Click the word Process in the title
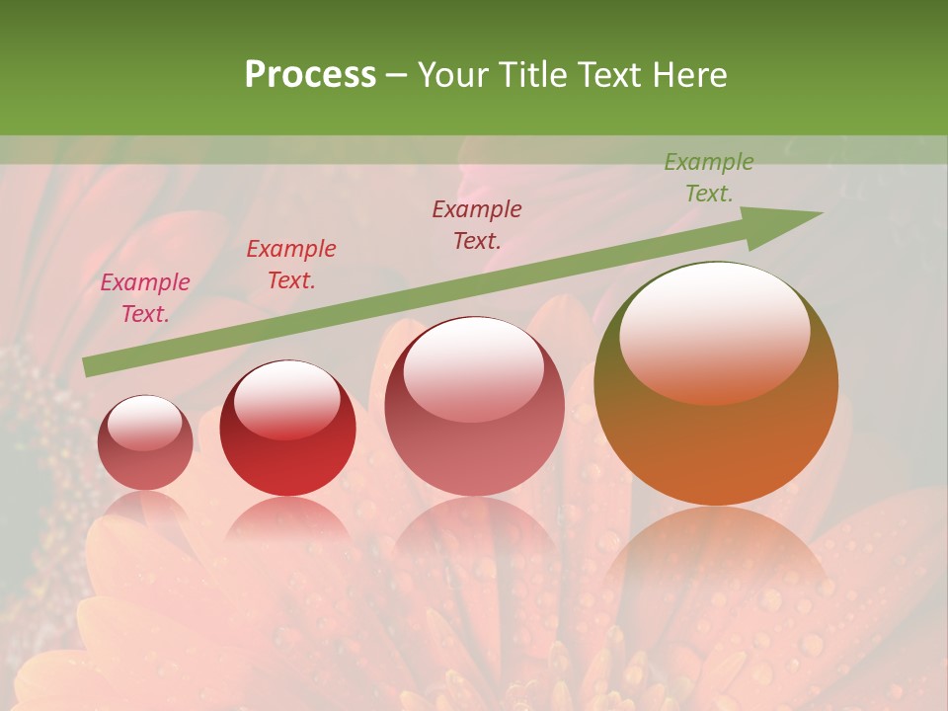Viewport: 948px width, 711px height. [x=310, y=75]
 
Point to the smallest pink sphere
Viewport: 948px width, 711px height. [x=145, y=443]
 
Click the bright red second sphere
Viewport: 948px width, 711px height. [x=287, y=429]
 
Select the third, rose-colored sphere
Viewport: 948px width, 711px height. [x=474, y=406]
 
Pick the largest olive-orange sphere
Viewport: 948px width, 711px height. [x=716, y=384]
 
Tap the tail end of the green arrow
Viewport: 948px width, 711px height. [x=91, y=366]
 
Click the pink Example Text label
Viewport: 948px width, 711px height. [x=145, y=297]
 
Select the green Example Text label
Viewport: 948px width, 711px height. [x=708, y=178]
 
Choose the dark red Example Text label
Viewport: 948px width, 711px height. [x=477, y=224]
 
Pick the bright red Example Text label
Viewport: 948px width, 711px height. [x=290, y=265]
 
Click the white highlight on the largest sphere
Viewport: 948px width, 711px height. [x=714, y=331]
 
